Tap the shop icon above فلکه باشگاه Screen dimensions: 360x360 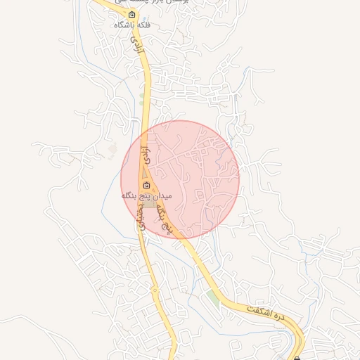pyautogui.click(x=131, y=14)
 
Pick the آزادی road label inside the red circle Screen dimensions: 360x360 pyautogui.click(x=146, y=156)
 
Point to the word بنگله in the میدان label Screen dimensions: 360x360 pyautogui.click(x=130, y=195)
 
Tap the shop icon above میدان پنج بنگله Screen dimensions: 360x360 pyautogui.click(x=146, y=186)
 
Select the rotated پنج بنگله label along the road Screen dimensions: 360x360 pyautogui.click(x=164, y=219)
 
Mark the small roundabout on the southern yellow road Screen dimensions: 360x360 pyautogui.click(x=154, y=289)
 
